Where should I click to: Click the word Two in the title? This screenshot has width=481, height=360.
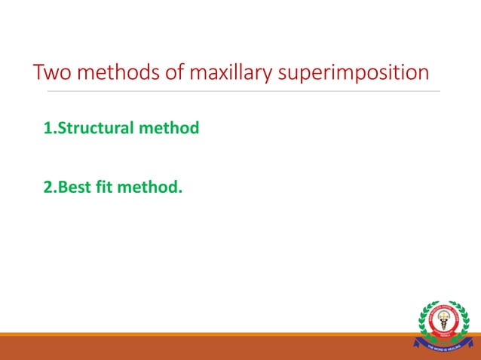click(51, 73)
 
